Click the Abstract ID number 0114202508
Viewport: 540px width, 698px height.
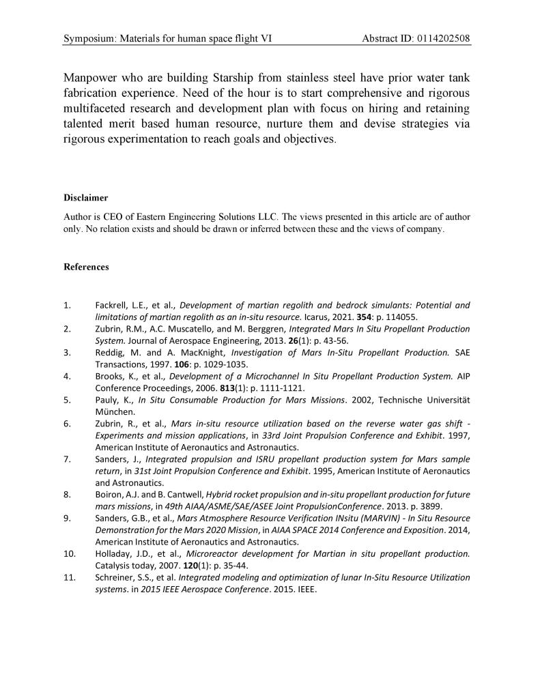pos(437,38)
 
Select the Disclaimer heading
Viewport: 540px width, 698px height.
pos(86,198)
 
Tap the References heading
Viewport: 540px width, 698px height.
pos(86,267)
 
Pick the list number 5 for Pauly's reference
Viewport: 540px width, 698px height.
pos(66,400)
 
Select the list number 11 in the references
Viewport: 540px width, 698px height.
pos(68,577)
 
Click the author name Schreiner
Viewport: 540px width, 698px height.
pos(115,577)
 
